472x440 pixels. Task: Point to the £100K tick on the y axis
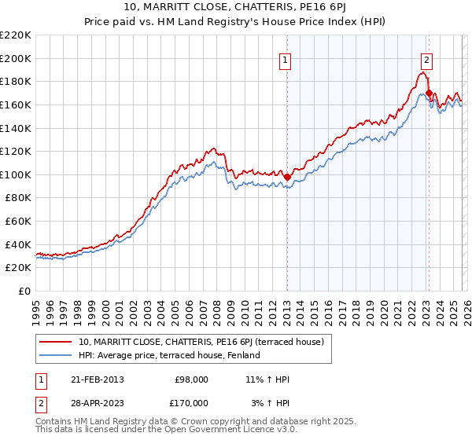coord(16,174)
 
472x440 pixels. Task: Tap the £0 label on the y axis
coord(25,291)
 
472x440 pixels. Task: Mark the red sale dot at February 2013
coord(287,177)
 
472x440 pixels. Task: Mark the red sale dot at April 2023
coord(429,93)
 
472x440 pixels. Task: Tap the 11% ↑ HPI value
coord(267,379)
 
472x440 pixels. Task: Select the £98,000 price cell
coord(192,379)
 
